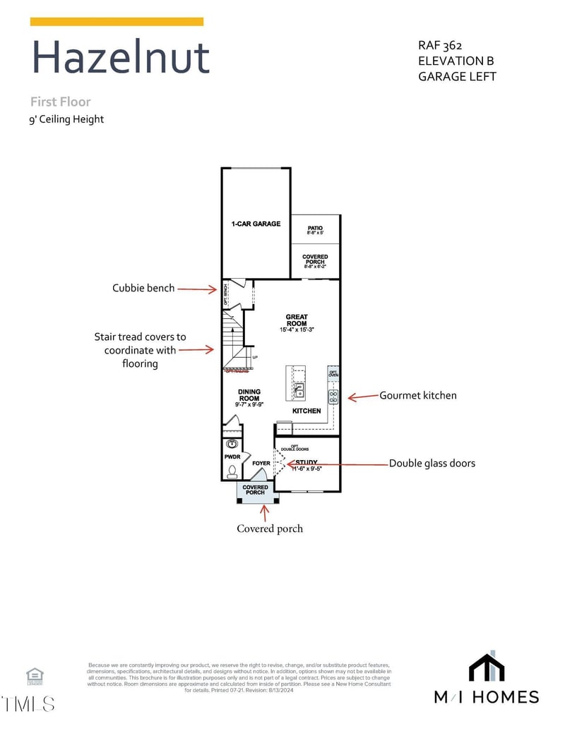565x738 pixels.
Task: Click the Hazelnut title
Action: click(121, 58)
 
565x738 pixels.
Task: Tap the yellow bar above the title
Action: click(117, 22)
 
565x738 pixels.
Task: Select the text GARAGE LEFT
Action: click(457, 76)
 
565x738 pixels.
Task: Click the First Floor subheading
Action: click(60, 102)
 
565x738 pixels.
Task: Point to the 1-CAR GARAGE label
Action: click(256, 224)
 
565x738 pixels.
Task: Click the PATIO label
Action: click(315, 229)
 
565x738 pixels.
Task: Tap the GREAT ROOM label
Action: click(297, 320)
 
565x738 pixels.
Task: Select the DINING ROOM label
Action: click(249, 395)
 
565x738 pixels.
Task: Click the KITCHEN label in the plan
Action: click(307, 411)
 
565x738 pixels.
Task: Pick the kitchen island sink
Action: click(299, 390)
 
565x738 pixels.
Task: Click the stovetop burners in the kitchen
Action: click(333, 397)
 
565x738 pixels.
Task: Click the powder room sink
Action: click(231, 445)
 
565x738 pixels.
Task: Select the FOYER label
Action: click(261, 464)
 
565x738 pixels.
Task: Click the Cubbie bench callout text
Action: click(143, 288)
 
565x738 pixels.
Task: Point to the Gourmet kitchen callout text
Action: click(418, 395)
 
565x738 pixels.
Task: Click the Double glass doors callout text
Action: click(432, 464)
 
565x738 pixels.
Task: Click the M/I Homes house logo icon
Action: click(486, 668)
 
